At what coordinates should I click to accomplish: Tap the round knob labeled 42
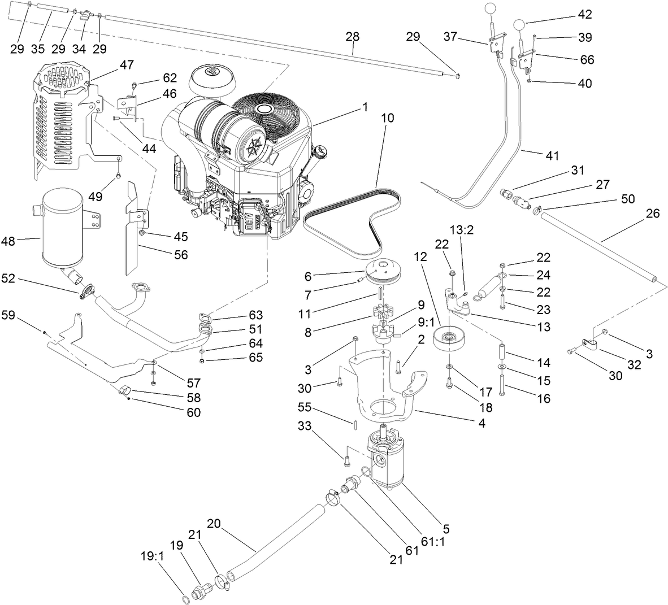pos(520,25)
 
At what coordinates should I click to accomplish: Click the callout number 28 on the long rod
pos(352,37)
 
